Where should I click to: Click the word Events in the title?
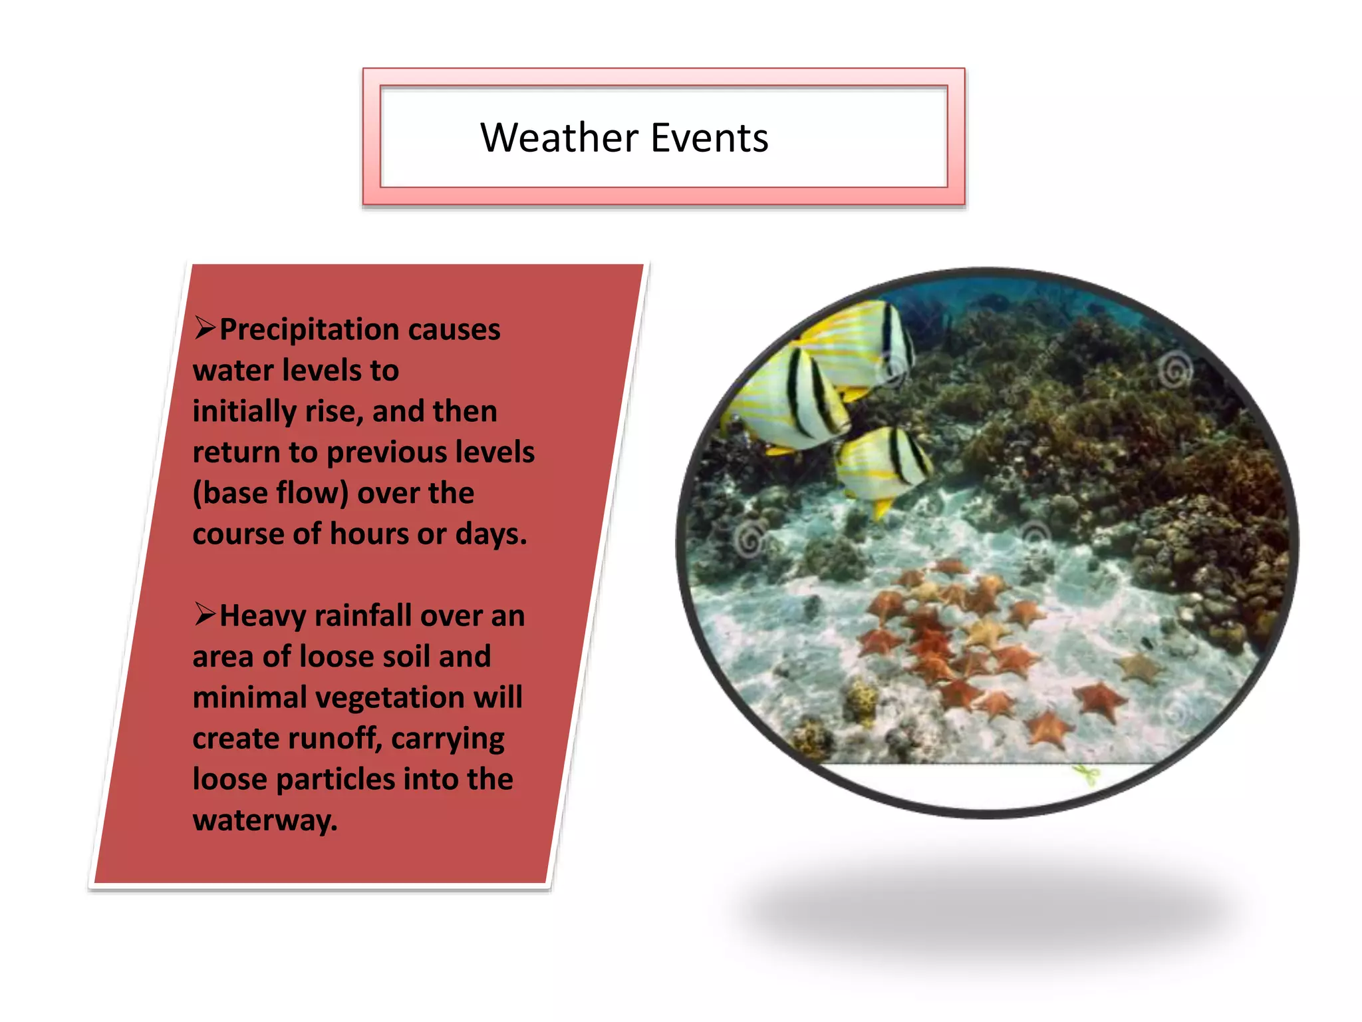(x=709, y=138)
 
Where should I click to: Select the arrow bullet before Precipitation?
(x=205, y=328)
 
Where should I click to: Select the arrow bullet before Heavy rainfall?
(x=205, y=614)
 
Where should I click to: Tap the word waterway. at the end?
(x=265, y=820)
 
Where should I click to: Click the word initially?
(x=244, y=411)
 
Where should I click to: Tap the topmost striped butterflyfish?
(x=858, y=339)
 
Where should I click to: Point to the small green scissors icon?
(x=1087, y=774)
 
